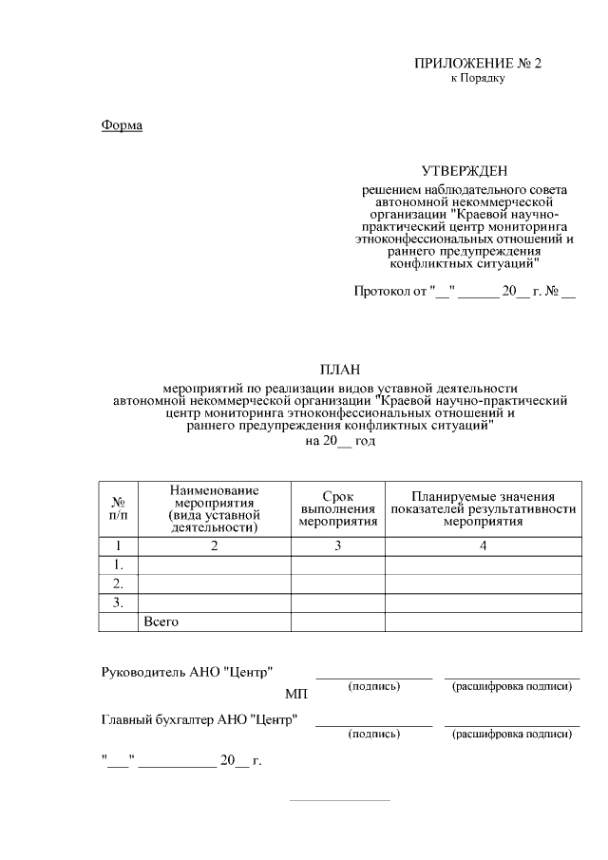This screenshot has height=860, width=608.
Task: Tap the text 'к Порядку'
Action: coord(477,78)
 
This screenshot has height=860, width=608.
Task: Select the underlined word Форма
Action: coord(122,124)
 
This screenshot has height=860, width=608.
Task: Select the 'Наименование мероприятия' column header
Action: coord(214,508)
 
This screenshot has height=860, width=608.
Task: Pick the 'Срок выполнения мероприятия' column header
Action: coord(337,509)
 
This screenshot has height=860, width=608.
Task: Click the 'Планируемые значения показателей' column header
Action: coord(483,509)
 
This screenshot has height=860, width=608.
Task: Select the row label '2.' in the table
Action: coord(119,583)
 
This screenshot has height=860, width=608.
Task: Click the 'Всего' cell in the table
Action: coord(161,621)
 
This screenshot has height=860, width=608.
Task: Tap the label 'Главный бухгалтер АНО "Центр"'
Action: coord(199,718)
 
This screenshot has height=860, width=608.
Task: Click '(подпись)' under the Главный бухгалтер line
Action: coord(374,734)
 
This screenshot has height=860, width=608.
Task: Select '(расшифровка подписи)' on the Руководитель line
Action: coord(512,686)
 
